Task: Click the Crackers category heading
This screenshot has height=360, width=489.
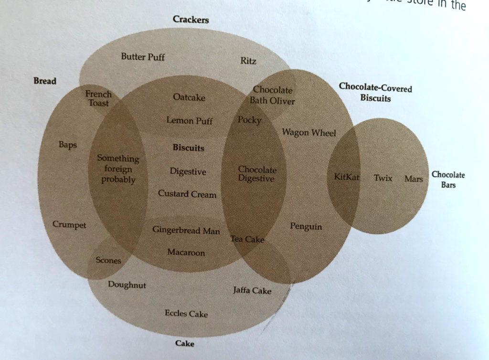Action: pyautogui.click(x=191, y=19)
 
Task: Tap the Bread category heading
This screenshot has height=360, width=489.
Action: pyautogui.click(x=45, y=81)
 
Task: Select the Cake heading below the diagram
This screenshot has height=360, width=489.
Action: pyautogui.click(x=185, y=343)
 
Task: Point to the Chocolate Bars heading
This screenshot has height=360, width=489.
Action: pyautogui.click(x=448, y=180)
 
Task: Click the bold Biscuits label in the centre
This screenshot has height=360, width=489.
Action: pyautogui.click(x=188, y=148)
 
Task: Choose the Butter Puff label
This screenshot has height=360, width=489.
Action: pyautogui.click(x=143, y=56)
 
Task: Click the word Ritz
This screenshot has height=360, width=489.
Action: pyautogui.click(x=248, y=61)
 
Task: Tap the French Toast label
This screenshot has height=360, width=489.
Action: pyautogui.click(x=98, y=98)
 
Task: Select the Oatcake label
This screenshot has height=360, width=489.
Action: pyautogui.click(x=189, y=97)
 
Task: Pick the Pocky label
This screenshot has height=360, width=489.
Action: pyautogui.click(x=249, y=120)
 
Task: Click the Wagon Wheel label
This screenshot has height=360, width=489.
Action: pyautogui.click(x=309, y=132)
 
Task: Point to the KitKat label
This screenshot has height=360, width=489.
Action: pyautogui.click(x=347, y=177)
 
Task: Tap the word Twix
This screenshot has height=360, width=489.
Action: pyautogui.click(x=383, y=178)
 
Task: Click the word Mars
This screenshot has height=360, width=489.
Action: pyautogui.click(x=414, y=179)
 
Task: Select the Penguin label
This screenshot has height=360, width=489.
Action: pyautogui.click(x=306, y=226)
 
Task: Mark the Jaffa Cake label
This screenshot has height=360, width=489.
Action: pyautogui.click(x=252, y=290)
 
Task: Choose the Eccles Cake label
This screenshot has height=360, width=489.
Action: pyautogui.click(x=186, y=313)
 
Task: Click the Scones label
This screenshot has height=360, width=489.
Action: pyautogui.click(x=108, y=260)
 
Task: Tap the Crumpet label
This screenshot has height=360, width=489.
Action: pyautogui.click(x=69, y=224)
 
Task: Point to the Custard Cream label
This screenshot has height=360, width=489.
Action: pyautogui.click(x=187, y=194)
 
